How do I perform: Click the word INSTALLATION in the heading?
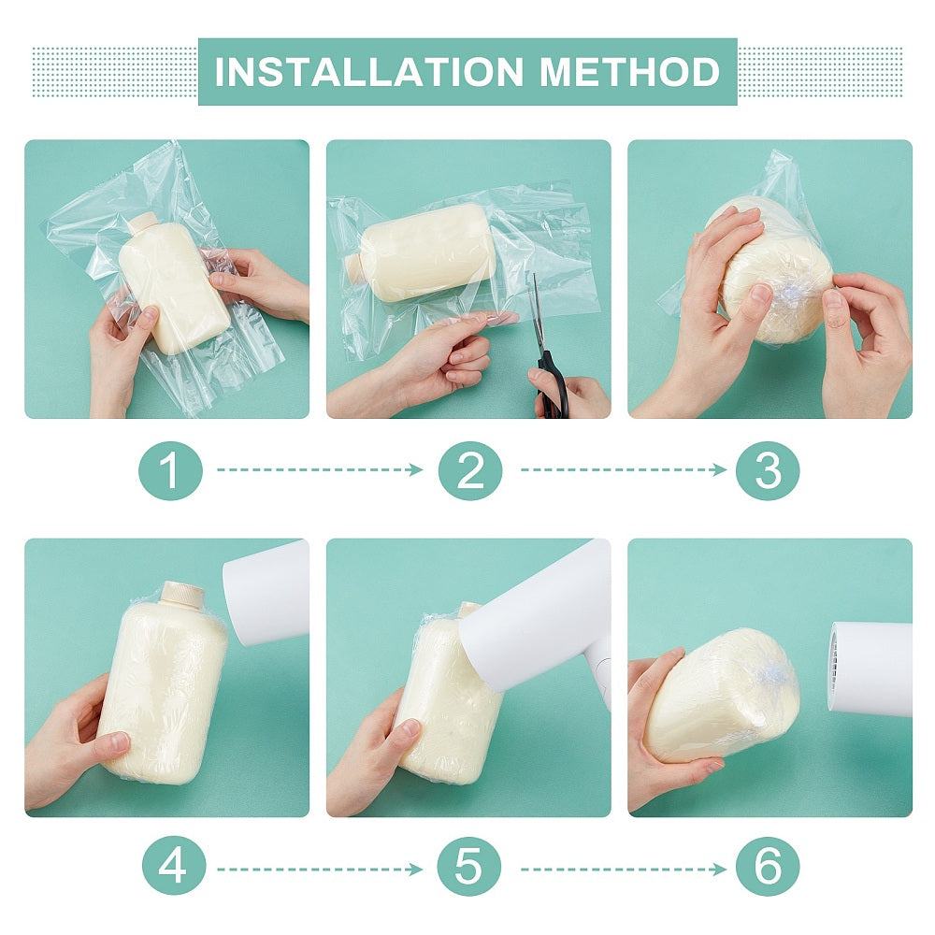point(368,72)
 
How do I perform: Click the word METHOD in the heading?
point(629,72)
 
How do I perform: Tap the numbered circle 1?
point(170,470)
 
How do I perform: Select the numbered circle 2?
point(470,470)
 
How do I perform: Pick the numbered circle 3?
point(768,470)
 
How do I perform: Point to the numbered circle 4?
point(174,866)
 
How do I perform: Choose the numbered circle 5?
point(468,866)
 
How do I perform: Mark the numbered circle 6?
point(768,866)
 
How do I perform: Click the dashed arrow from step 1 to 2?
point(320,470)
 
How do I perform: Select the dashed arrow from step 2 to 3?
point(623,470)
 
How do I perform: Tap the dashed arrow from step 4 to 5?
point(320,870)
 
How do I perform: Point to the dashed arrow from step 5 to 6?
point(623,870)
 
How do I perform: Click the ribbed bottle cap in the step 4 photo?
point(182,593)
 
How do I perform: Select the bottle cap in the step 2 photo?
point(353,263)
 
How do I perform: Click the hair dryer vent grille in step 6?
point(834,665)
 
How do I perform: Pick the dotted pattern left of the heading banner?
point(115,72)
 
